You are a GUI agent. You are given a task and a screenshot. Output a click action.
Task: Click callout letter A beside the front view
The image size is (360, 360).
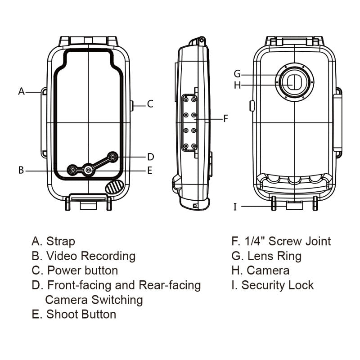tap(21, 91)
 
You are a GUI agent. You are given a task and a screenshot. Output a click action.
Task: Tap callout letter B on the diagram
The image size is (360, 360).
tap(21, 170)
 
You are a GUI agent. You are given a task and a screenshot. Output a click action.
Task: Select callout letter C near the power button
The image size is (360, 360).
tap(150, 104)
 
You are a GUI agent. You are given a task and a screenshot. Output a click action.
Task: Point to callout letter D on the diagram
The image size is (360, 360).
tap(151, 157)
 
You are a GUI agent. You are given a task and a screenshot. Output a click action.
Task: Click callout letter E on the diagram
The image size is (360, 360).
tap(150, 170)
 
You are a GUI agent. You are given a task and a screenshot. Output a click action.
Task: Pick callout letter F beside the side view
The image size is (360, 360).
tap(226, 119)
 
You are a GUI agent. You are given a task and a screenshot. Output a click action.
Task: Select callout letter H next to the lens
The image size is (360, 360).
tap(238, 85)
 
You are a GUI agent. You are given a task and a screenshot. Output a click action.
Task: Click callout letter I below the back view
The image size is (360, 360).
tap(235, 207)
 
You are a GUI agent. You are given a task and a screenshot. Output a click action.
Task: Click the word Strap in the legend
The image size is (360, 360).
tap(61, 242)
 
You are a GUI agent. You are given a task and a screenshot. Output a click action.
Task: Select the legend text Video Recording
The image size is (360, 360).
tap(90, 256)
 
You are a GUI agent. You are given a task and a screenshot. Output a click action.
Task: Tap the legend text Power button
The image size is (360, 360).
tap(82, 270)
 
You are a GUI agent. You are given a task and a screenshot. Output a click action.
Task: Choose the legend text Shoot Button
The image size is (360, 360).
tap(81, 314)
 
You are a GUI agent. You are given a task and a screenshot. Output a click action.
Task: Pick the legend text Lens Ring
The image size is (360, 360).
tap(274, 256)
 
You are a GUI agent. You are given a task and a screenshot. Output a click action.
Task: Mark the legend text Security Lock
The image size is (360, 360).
tap(278, 285)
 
